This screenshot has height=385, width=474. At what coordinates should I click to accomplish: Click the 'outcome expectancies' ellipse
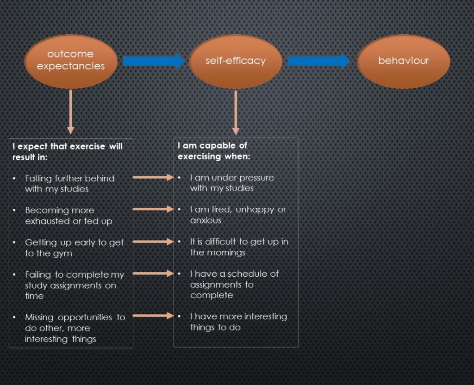pos(71,61)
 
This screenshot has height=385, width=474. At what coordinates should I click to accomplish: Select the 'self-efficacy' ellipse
pos(236,61)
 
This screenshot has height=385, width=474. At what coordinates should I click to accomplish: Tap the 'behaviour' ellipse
pos(404,61)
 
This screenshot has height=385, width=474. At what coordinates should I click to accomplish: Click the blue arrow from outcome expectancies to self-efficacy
pos(153,61)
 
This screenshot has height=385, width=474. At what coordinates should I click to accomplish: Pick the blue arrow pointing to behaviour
pos(319,61)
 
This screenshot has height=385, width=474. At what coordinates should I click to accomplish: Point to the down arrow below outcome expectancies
pos(71,112)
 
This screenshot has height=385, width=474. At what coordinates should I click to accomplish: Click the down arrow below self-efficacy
pos(236,112)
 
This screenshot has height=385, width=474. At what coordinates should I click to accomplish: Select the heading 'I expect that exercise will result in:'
pos(68,152)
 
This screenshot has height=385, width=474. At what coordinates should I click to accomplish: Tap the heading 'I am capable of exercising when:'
pos(214,151)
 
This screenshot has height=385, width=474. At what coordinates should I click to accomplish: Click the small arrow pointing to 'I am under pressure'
pos(153,177)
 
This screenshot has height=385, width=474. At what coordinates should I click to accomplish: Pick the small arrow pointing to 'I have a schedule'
pos(153,273)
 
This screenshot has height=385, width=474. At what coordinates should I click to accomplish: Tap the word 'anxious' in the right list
pos(206,220)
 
